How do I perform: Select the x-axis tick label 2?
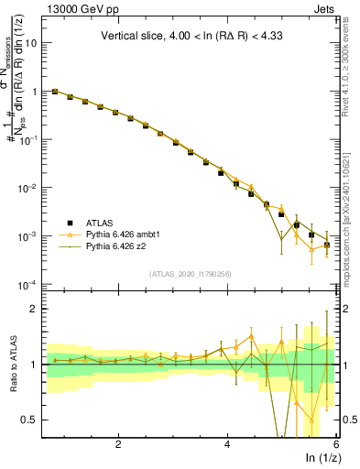[118, 443]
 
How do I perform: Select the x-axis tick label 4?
[227, 443]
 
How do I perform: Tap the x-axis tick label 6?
[336, 443]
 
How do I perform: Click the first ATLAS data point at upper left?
[55, 92]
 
